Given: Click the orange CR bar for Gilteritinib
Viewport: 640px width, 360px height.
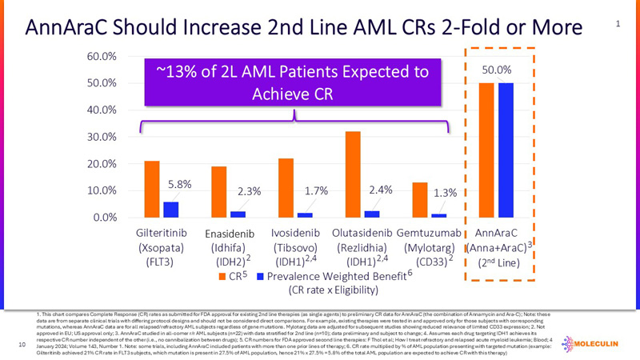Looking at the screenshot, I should point(152,189).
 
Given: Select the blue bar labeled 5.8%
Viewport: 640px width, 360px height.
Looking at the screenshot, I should point(170,209).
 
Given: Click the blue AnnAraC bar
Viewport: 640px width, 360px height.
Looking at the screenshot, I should point(506,150).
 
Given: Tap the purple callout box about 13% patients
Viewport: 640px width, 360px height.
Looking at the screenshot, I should point(292,82).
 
